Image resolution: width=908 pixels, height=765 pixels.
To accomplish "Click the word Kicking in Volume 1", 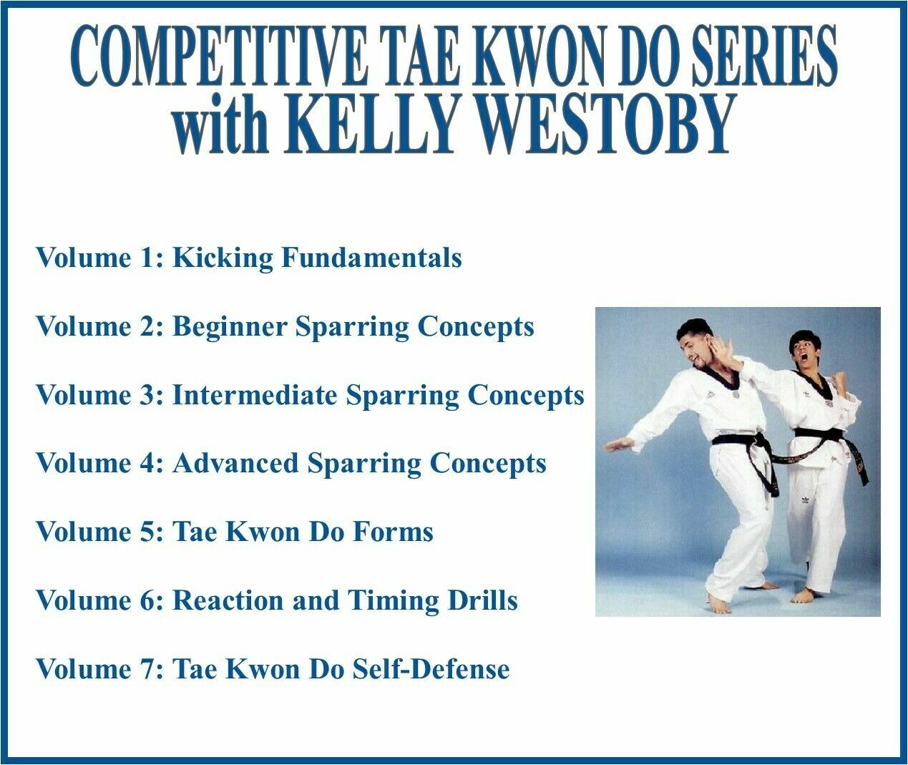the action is pos(223,258).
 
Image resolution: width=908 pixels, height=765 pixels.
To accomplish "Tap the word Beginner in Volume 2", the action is pos(229,327).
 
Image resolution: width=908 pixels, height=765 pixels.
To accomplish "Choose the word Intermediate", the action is pos(255,395).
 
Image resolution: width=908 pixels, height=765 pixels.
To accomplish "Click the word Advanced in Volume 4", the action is pos(235,463).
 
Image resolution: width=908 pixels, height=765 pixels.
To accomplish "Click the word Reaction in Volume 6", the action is pos(228,600).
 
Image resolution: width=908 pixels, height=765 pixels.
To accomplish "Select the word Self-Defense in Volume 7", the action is pos(430,669).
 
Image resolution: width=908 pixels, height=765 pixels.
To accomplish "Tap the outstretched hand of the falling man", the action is pos(618,444).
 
